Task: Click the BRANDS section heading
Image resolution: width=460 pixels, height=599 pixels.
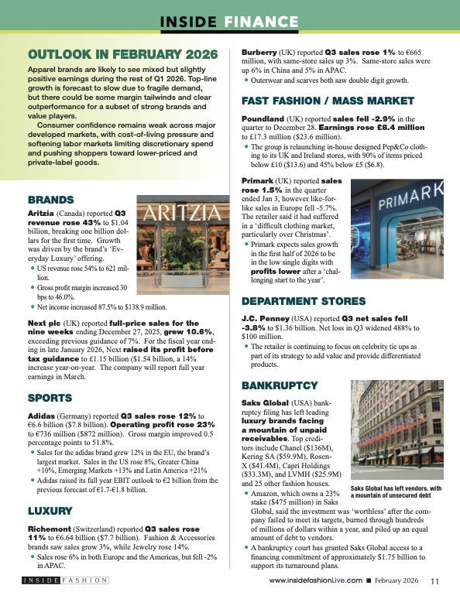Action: coord(50,199)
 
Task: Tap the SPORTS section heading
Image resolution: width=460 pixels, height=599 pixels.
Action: coord(50,398)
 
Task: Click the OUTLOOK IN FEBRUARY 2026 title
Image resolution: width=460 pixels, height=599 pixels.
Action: coord(122,55)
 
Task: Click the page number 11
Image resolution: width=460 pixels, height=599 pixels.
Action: coord(434,580)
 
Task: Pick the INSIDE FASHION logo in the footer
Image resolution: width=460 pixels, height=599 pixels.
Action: coord(65,580)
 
